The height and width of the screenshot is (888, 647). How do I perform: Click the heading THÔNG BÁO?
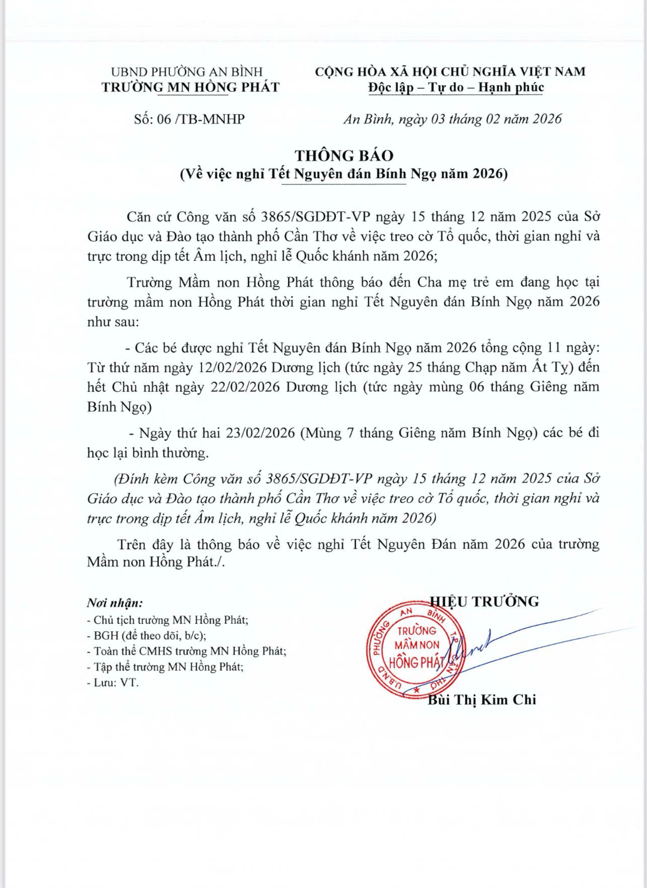click(x=344, y=155)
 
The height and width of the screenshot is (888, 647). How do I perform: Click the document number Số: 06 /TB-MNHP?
click(x=189, y=119)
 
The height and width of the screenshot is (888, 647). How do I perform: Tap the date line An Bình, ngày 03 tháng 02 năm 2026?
click(x=452, y=119)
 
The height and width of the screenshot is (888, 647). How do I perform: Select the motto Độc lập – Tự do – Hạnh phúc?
click(x=456, y=88)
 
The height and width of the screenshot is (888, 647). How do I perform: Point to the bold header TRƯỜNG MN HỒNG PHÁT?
click(x=190, y=88)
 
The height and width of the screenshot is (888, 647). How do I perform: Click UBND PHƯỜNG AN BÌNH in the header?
click(x=187, y=71)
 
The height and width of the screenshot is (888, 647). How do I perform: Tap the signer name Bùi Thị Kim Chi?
click(x=481, y=700)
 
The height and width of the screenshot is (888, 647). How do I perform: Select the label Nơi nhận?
click(x=115, y=603)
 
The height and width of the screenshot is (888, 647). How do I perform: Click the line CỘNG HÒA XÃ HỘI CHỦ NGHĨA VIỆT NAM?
click(x=450, y=71)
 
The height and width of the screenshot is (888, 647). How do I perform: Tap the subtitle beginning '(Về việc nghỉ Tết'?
click(x=344, y=174)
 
